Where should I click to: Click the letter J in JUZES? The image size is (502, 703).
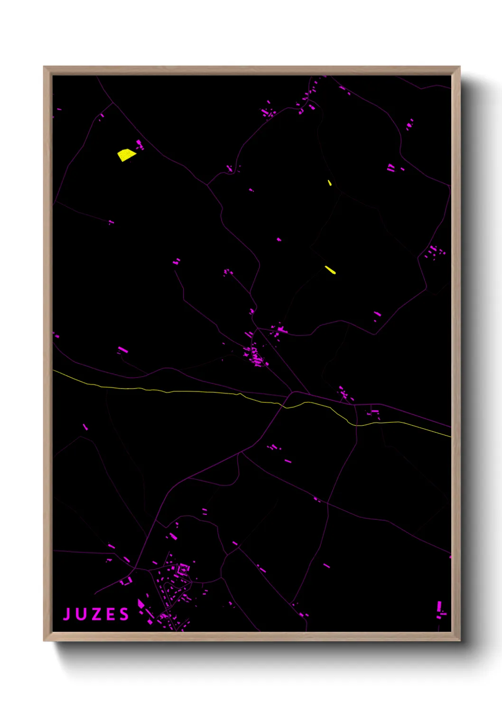pos(67,614)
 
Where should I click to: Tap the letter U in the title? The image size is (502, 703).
pos(81,614)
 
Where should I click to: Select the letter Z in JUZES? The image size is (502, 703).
pos(96,614)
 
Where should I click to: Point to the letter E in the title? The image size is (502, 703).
pos(111,614)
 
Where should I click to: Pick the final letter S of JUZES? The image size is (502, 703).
pos(124,614)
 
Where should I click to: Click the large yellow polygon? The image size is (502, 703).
pos(126,155)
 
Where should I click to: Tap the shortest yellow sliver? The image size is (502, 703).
pos(330,182)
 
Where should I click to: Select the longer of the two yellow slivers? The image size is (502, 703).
pos(330,270)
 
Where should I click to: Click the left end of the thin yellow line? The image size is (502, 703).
pos(54,370)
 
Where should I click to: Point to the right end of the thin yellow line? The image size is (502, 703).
pos(450,436)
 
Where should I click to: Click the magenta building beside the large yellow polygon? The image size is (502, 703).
pos(139,144)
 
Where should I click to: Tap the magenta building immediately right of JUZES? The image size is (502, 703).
pos(141,604)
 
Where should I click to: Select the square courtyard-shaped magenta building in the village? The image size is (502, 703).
pos(183,568)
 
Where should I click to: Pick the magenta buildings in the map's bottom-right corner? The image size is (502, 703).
pos(440,609)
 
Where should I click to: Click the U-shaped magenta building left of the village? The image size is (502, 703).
pos(126,581)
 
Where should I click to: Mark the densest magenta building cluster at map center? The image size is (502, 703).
pos(256,357)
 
